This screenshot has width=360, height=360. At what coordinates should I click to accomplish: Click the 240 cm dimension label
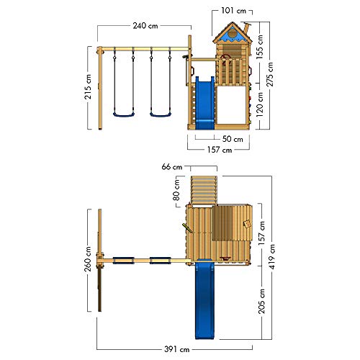pyautogui.click(x=145, y=25)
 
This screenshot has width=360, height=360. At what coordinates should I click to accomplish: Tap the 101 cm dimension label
pyautogui.click(x=233, y=11)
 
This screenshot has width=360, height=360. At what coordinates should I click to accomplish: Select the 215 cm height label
pyautogui.click(x=88, y=87)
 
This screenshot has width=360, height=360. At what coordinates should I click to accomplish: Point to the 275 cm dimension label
pyautogui.click(x=270, y=74)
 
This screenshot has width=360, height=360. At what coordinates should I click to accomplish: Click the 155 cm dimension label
pyautogui.click(x=259, y=47)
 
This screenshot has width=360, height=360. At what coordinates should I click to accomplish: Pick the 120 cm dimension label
pyautogui.click(x=259, y=104)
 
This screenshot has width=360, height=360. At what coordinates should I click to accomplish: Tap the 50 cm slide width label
pyautogui.click(x=233, y=139)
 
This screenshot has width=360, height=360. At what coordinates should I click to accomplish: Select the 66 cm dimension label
pyautogui.click(x=172, y=166)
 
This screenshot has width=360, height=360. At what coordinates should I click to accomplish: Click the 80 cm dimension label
pyautogui.click(x=176, y=190)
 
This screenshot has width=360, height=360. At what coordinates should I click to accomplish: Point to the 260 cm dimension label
pyautogui.click(x=88, y=258)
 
